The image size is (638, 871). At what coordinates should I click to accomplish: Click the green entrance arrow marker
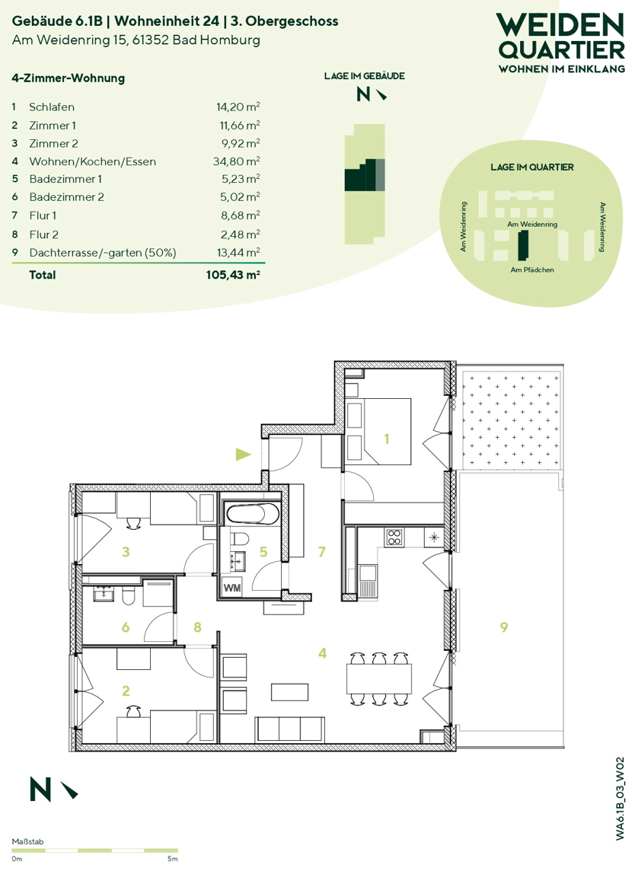[x=243, y=455]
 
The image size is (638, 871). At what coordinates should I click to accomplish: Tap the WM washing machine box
[x=231, y=587]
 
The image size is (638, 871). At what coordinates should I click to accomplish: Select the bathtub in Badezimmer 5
[x=253, y=514]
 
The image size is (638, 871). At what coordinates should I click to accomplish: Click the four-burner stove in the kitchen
[x=394, y=538]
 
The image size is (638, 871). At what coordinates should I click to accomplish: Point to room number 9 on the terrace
[x=504, y=627]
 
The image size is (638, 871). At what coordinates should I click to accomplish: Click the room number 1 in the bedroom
[x=387, y=439]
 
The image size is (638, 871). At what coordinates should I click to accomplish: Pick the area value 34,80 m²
[x=237, y=161]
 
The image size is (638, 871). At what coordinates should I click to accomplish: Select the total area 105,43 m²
[x=233, y=274]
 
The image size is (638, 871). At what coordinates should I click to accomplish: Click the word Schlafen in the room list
[x=52, y=107]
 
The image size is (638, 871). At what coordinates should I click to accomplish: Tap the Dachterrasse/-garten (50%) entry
[x=103, y=253]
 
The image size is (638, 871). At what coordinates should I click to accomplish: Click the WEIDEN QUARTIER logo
[x=561, y=43]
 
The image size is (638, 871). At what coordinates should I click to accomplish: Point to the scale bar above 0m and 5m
[x=95, y=850]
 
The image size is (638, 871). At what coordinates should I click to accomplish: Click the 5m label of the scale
[x=173, y=859]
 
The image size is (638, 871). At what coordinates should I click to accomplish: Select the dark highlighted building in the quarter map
[x=522, y=246]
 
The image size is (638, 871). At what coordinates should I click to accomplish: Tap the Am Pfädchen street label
[x=532, y=270]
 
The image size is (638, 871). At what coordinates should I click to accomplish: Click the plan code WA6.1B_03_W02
[x=620, y=799]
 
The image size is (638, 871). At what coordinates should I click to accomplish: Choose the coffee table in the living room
[x=289, y=692]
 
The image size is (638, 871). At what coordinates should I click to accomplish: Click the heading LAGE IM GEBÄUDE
[x=364, y=76]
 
